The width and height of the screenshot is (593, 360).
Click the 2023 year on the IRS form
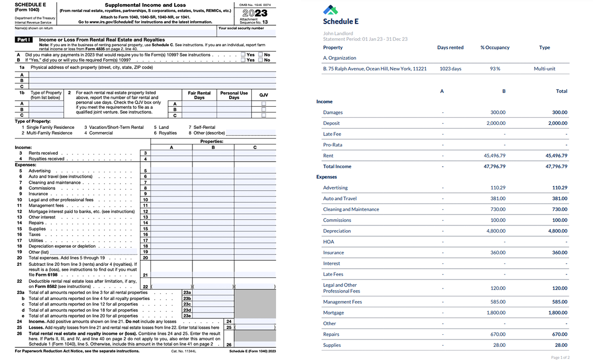[254, 13]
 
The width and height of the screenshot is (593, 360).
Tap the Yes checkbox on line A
[243, 55]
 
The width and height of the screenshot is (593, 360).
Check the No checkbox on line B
[260, 60]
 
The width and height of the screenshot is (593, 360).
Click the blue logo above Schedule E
[331, 10]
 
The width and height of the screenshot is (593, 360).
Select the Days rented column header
[450, 47]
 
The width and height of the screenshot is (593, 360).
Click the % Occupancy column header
[495, 47]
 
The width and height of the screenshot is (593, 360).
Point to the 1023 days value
[450, 69]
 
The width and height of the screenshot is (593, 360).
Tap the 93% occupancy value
[495, 69]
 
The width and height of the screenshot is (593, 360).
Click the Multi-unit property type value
[544, 69]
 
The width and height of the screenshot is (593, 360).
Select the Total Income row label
[337, 166]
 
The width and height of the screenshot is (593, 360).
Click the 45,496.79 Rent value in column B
[494, 156]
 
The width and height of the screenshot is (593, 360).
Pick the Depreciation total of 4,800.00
[557, 231]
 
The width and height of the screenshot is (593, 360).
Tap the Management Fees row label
[342, 302]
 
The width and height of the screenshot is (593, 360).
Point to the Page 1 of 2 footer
[560, 357]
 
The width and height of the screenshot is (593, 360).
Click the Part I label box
[24, 39]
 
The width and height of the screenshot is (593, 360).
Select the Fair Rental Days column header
[199, 95]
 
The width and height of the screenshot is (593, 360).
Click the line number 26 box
[229, 345]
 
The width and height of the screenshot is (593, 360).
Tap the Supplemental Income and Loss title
[145, 5]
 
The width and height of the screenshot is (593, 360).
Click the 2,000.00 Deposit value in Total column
[557, 123]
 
